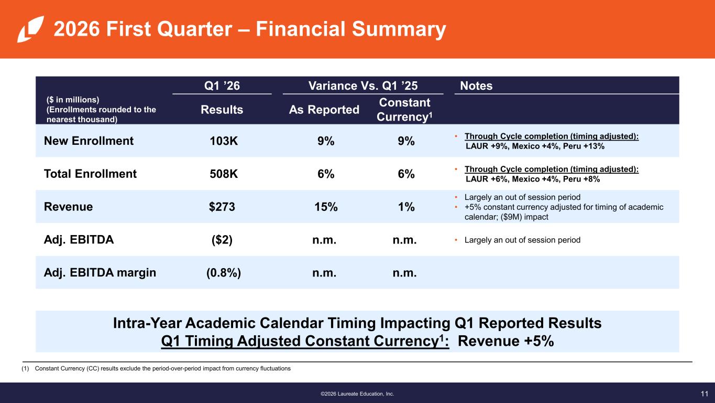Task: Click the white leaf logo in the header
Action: coord(30,29)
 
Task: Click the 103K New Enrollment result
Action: coord(224,141)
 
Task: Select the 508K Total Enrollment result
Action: coord(224,174)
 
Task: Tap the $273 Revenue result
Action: coord(222,207)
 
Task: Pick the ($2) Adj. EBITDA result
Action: coord(222,240)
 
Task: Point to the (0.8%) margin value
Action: coord(224,273)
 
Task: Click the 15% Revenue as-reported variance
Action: coord(326,207)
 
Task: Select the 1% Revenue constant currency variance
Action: coord(406,207)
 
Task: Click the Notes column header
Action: coord(476,86)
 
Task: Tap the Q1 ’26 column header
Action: coord(222,86)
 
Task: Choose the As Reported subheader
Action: coord(324,110)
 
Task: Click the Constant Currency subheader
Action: coord(404,109)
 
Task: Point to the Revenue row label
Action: coord(68,207)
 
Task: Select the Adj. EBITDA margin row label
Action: coord(100,272)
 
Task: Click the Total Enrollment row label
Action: coord(90,174)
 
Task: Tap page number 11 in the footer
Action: coord(705,394)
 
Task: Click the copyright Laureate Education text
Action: coord(357,394)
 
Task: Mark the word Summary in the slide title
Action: coord(399,29)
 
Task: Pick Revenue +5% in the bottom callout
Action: coord(505,341)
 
